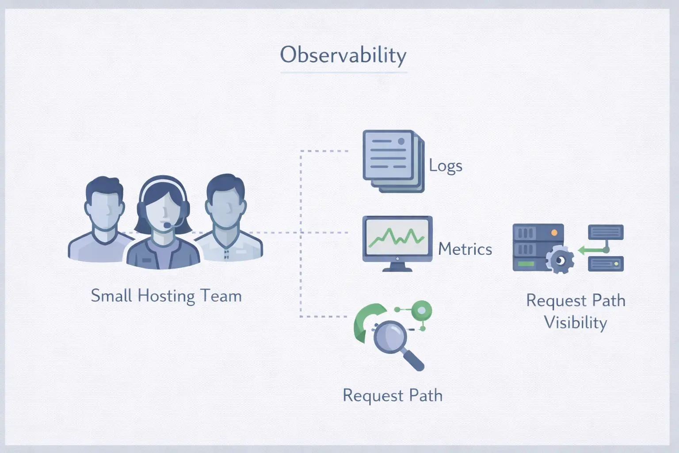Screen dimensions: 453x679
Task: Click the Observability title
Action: click(x=343, y=55)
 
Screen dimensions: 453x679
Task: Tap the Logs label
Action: click(x=446, y=166)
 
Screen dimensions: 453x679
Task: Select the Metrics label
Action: click(x=465, y=249)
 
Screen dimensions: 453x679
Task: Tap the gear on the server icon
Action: click(x=560, y=260)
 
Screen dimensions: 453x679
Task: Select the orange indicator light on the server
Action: click(x=554, y=233)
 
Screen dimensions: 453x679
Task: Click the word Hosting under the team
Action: click(x=166, y=296)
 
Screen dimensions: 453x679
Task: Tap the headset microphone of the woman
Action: click(x=167, y=225)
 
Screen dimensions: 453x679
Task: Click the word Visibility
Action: click(x=575, y=322)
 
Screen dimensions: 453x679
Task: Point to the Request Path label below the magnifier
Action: click(x=393, y=395)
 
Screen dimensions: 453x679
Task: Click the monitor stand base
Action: click(x=397, y=269)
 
